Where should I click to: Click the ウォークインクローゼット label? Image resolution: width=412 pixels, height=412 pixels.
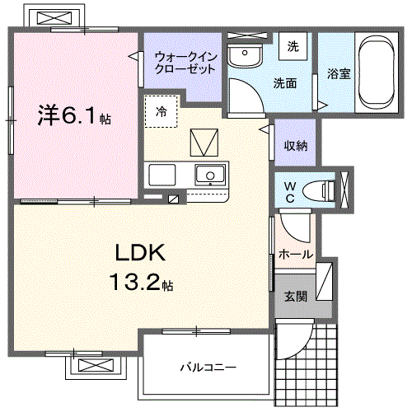185,63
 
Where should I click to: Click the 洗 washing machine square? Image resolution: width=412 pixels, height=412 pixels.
293,47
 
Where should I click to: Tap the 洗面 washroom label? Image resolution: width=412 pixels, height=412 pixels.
286,82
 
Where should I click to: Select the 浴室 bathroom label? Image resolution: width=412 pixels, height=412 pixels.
338,73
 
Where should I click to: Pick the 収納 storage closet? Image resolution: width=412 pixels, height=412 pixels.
296,146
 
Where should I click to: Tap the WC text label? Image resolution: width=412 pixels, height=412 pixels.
290,192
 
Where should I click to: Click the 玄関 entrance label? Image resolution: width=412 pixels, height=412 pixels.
296,296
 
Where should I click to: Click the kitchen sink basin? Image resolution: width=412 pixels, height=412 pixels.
210,176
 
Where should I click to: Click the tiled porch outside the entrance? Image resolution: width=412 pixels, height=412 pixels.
307,363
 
